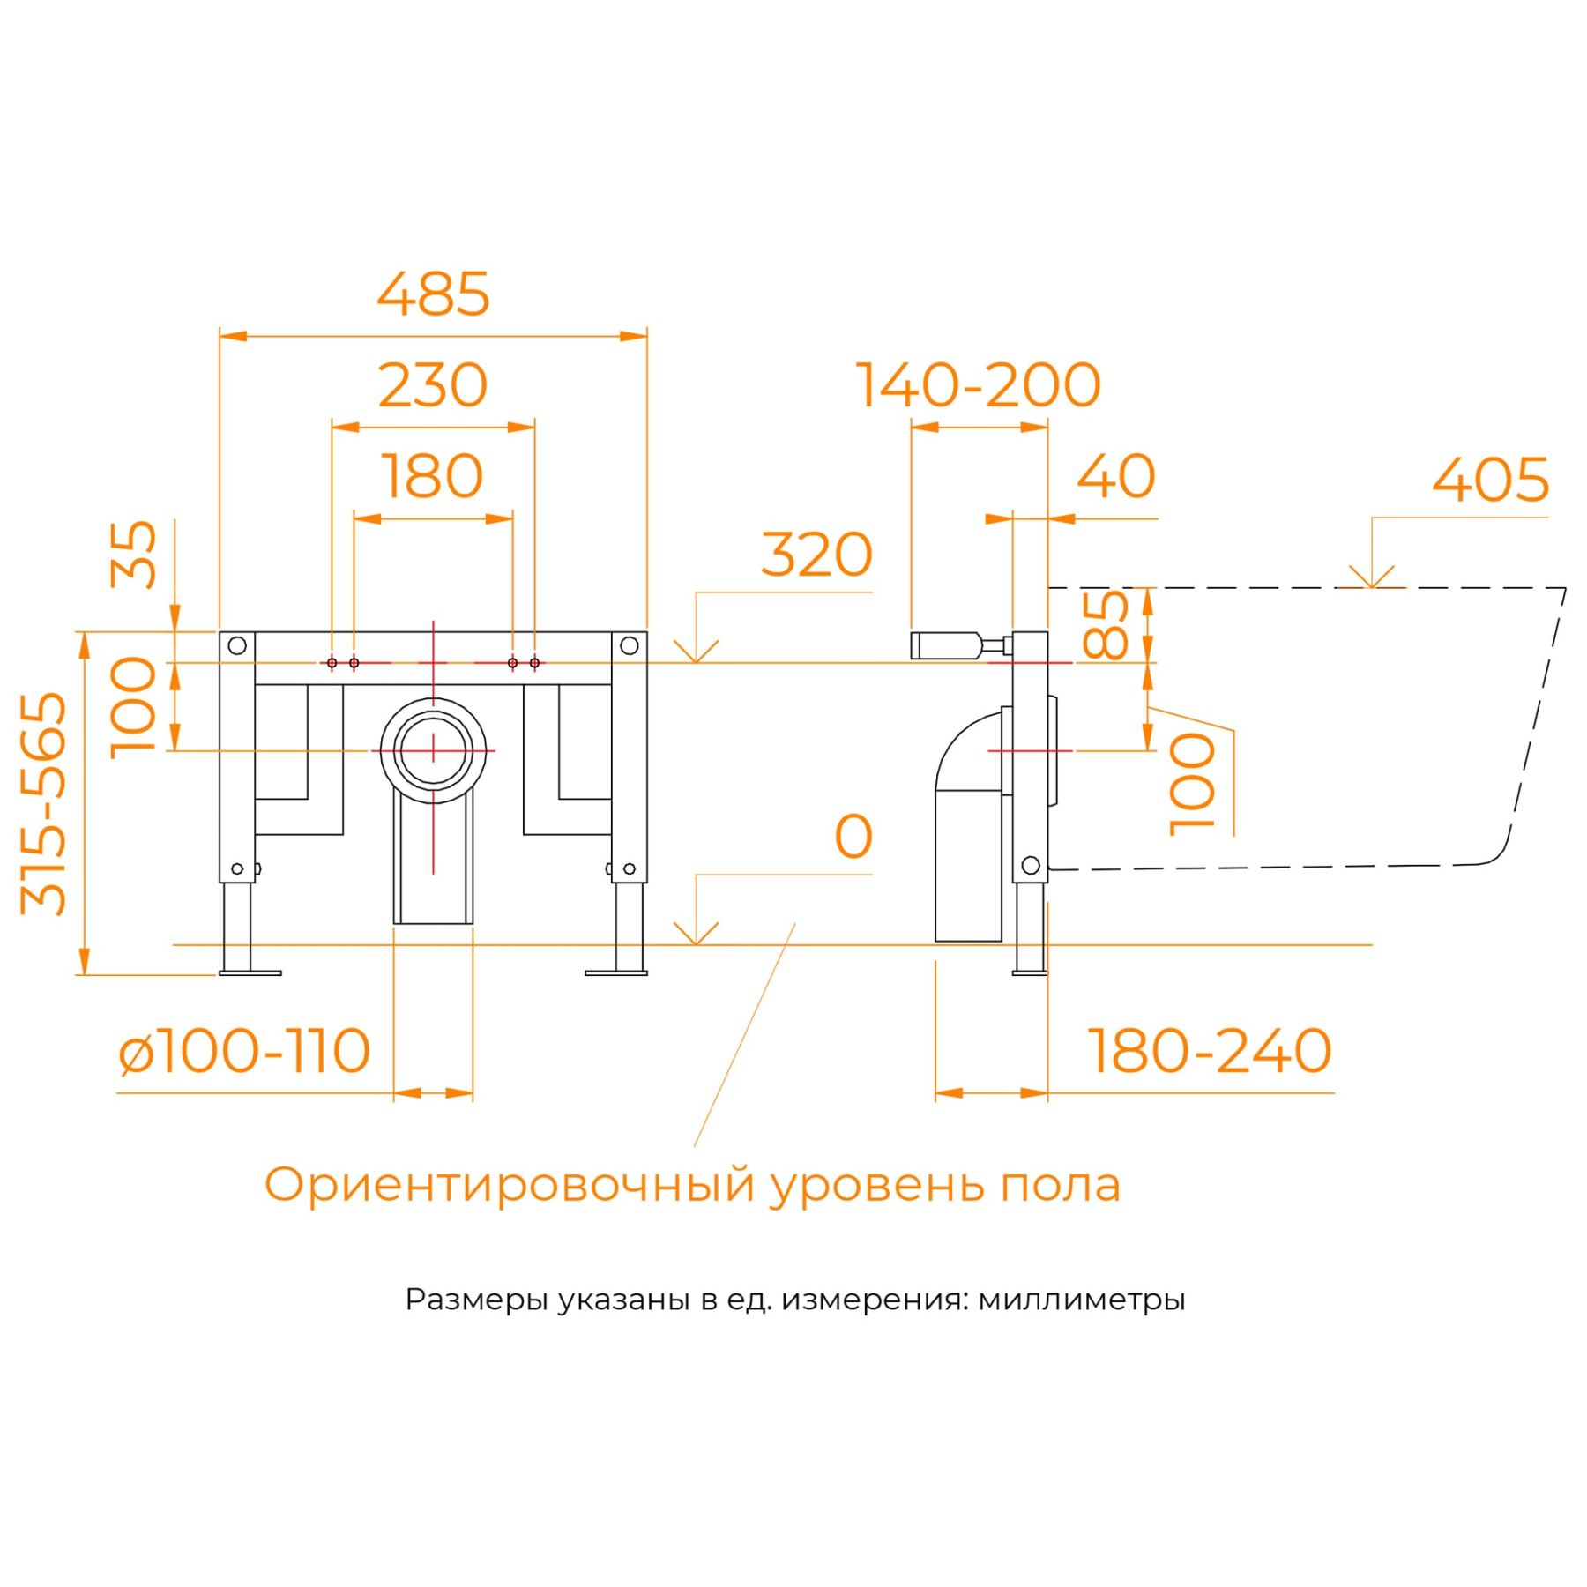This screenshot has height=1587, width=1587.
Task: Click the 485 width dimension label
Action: tap(433, 294)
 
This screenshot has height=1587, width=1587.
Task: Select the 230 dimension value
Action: tap(433, 385)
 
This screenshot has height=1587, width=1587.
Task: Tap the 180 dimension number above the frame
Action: tap(433, 477)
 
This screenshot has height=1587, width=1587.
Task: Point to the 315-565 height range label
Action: tap(44, 803)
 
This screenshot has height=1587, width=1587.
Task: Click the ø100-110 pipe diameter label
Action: tap(244, 1051)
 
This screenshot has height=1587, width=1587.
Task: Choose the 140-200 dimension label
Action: tap(979, 385)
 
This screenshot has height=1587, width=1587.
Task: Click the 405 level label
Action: tap(1490, 481)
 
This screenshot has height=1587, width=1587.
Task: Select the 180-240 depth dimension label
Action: tap(1210, 1051)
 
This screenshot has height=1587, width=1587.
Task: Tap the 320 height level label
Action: tap(816, 555)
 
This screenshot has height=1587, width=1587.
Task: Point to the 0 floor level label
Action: tap(853, 837)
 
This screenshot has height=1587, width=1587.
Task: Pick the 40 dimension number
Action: tap(1116, 477)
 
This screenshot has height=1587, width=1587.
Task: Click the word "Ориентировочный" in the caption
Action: tap(510, 1185)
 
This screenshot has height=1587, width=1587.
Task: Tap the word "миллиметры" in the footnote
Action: tap(1081, 1300)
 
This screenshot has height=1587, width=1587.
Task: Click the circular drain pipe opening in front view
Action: tap(433, 750)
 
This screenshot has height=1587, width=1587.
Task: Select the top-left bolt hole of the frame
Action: tap(237, 645)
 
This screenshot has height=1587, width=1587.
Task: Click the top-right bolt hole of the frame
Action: tap(629, 645)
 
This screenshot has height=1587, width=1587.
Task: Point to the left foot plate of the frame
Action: tap(250, 972)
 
